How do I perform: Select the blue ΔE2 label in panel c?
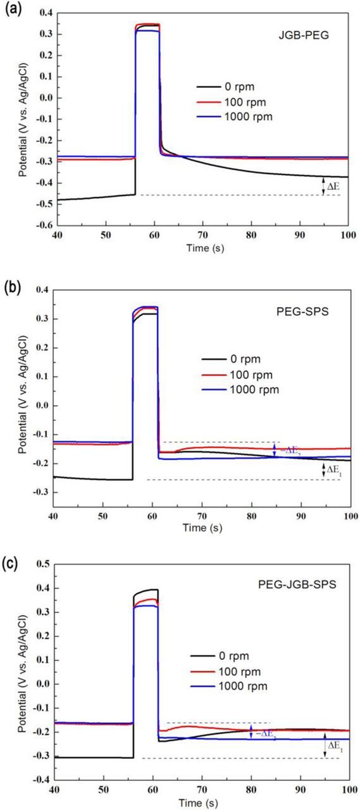263,732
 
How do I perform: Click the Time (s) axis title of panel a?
201,247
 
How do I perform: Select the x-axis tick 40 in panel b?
54,509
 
